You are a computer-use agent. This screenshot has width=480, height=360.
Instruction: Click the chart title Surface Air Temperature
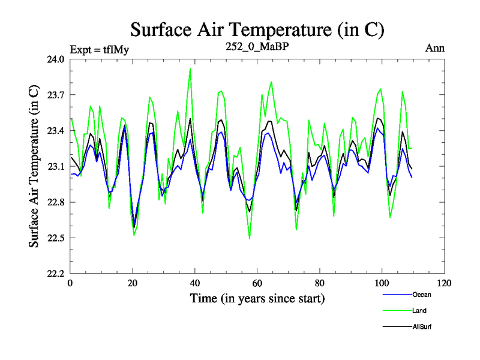point(257,29)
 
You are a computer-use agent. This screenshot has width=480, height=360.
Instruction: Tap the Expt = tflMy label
point(99,49)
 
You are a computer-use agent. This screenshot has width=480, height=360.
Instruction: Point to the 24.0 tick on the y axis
point(56,59)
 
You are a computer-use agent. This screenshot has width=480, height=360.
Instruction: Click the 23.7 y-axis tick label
point(56,95)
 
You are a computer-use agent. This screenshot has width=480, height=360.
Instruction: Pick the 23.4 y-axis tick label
point(56,131)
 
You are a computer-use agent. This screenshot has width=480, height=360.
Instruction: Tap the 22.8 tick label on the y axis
point(56,202)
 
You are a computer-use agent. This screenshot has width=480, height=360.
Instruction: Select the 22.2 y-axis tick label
point(56,274)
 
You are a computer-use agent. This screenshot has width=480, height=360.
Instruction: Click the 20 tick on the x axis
point(133,283)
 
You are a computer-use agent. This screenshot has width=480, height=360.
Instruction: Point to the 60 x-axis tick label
point(257,283)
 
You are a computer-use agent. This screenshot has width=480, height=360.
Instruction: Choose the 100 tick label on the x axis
point(381,283)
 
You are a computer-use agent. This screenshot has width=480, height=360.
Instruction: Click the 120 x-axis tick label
point(443,283)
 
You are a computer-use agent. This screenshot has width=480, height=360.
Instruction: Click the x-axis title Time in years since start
point(257,298)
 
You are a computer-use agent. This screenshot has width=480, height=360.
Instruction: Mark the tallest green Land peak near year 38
point(190,68)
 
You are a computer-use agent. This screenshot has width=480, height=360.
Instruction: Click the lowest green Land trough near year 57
point(250,239)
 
